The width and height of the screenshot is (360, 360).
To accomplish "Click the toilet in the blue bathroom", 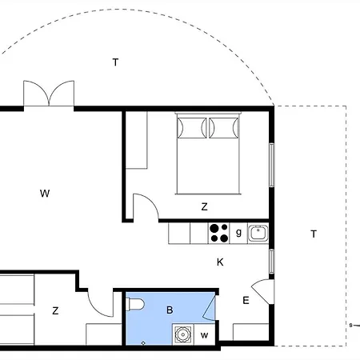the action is click(x=136, y=304).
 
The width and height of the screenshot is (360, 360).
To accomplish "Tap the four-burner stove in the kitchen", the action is click(x=218, y=234).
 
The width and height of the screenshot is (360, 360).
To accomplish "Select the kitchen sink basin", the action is click(x=258, y=233).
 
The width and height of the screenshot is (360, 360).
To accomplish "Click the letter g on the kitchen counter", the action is click(x=238, y=233).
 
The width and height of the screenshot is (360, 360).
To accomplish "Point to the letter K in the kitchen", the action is click(x=220, y=262).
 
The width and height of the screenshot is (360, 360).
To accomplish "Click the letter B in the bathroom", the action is click(x=170, y=310).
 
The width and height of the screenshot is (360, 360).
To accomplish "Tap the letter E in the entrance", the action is click(x=246, y=301).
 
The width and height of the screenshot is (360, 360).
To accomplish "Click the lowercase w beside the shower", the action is click(x=204, y=335).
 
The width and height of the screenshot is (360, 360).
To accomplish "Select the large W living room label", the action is click(x=45, y=193).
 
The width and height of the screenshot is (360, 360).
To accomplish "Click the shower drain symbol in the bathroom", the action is click(x=183, y=334).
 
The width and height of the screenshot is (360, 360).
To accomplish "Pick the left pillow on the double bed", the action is click(x=192, y=128).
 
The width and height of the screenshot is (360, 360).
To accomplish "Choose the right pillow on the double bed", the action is click(x=224, y=128).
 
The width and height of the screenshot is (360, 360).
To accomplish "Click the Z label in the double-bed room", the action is click(x=204, y=206).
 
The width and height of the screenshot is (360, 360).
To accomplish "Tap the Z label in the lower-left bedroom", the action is click(x=55, y=310).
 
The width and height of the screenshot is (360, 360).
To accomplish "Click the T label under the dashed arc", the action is click(x=115, y=62).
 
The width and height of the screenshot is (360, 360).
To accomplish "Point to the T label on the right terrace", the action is click(x=314, y=234).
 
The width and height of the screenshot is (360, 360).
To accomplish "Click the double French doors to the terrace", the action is click(x=49, y=94).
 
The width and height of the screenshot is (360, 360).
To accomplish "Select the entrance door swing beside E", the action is click(x=262, y=291).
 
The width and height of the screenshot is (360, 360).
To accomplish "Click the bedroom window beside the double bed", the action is click(x=271, y=165).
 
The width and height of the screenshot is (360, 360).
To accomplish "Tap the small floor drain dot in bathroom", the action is click(x=143, y=343).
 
